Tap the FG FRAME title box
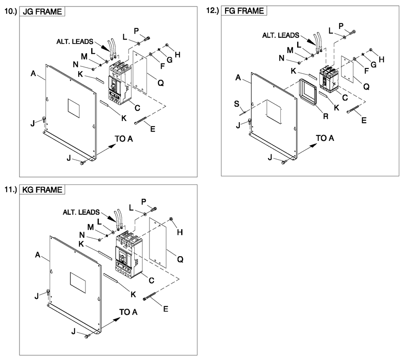244,11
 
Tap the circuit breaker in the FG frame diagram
328,79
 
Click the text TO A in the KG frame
128,312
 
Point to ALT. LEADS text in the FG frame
280,36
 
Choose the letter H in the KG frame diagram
179,232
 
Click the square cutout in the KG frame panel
78,282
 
